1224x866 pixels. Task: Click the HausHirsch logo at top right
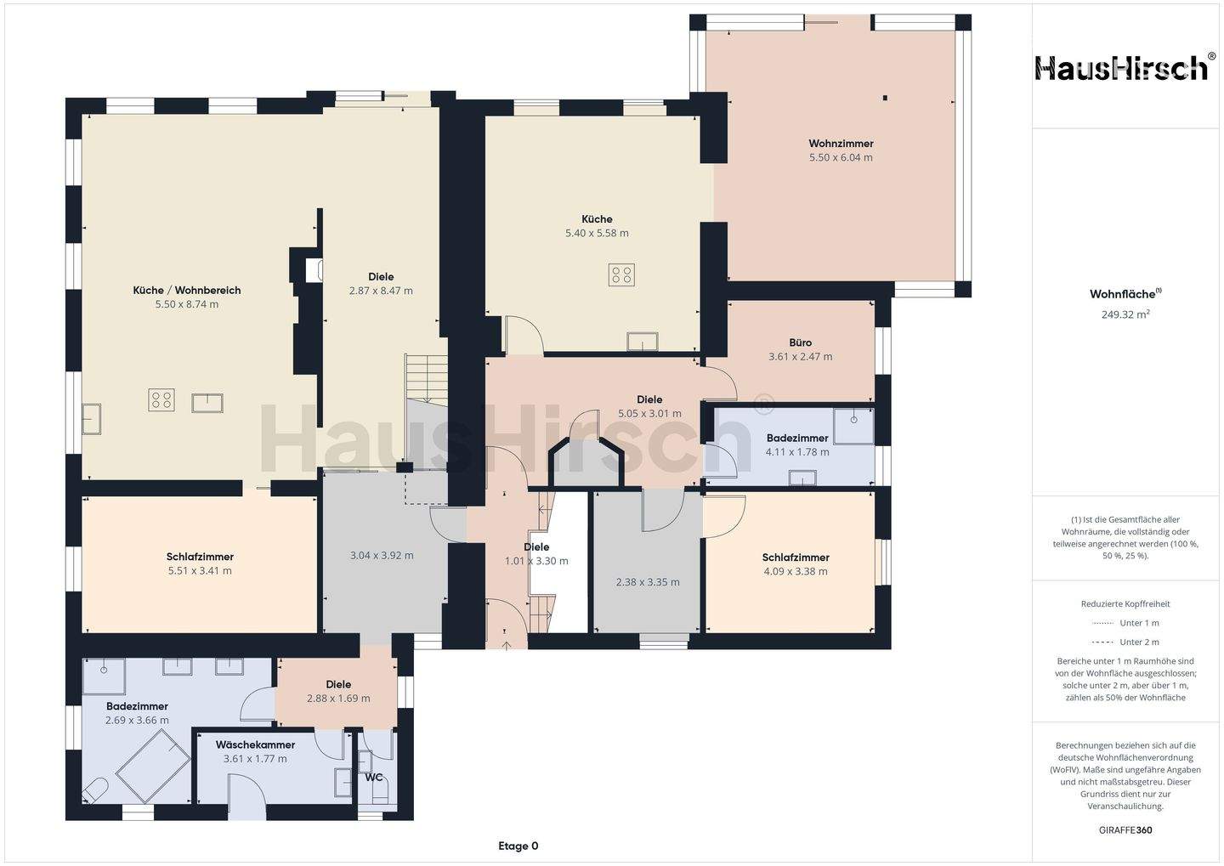coord(1123,69)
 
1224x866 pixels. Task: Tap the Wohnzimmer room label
coord(841,144)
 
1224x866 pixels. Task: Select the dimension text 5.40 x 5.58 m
coord(597,234)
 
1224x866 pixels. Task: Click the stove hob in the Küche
coord(622,275)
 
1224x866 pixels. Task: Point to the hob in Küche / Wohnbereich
coord(161,400)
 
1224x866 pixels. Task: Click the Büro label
coord(801,342)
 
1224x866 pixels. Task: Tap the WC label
coord(374,778)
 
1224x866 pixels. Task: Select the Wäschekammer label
coord(255,744)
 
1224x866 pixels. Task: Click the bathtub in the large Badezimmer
coord(154,767)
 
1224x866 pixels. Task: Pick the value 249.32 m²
coord(1125,314)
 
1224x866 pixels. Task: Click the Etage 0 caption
coord(518,846)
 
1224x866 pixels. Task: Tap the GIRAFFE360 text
coord(1125,830)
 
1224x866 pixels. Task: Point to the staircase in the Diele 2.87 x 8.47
coord(426,378)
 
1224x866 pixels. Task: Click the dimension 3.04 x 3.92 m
coord(382,556)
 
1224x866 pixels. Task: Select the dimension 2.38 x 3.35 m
coord(648,582)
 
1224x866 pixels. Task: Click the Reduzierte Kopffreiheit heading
coord(1125,603)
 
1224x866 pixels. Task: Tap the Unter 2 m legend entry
coord(1125,642)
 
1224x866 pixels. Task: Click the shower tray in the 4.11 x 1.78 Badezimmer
coord(853,426)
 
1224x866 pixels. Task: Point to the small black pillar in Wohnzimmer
coord(885,99)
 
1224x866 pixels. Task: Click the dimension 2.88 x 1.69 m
coord(338,699)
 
